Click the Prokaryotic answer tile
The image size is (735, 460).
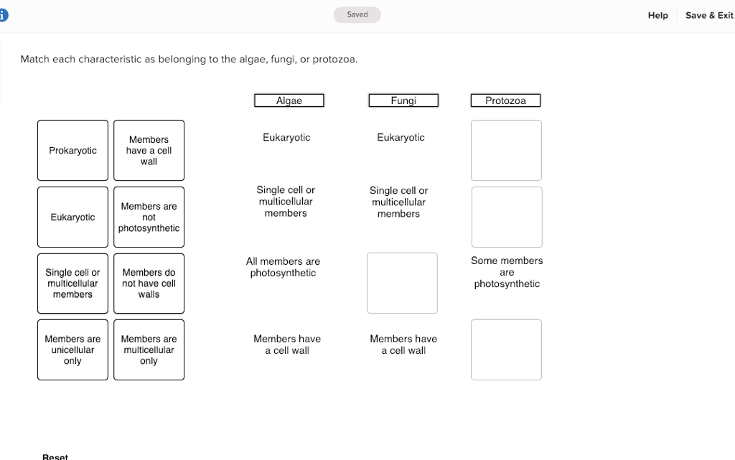point(72,151)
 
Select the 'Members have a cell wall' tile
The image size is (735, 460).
point(149,151)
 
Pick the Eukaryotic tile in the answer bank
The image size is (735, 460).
point(72,217)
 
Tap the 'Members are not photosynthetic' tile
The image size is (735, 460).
point(149,217)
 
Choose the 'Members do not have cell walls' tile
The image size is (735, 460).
point(149,283)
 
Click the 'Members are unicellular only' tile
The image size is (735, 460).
point(72,349)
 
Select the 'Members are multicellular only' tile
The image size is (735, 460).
point(149,349)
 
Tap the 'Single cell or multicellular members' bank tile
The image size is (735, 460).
point(72,283)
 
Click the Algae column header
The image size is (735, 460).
point(289,100)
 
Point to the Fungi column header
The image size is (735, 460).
point(403,100)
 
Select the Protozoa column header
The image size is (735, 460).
point(505,100)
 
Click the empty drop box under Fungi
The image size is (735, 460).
point(402,283)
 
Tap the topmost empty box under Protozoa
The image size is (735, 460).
point(506,150)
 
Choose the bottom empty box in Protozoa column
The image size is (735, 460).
point(506,349)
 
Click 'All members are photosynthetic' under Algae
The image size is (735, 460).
point(283,267)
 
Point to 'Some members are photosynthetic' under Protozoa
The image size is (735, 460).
point(507,272)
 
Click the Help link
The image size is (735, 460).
point(657,15)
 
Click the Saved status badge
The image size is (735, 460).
point(357,14)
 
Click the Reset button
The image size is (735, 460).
point(55,456)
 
